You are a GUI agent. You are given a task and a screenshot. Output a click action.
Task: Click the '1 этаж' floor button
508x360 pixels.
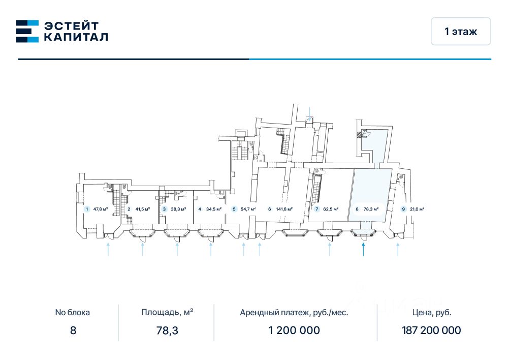pyautogui.click(x=461, y=32)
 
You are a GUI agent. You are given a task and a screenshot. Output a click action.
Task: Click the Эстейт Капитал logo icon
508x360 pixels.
pyautogui.click(x=27, y=31)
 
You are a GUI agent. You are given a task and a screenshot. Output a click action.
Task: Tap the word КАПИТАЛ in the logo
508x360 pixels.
pyautogui.click(x=76, y=37)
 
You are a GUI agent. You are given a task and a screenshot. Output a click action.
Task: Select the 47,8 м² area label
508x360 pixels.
pyautogui.click(x=101, y=209)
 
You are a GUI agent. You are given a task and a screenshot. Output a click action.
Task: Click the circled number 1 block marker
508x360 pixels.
pyautogui.click(x=87, y=209)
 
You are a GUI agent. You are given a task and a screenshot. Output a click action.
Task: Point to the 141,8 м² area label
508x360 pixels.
pyautogui.click(x=284, y=209)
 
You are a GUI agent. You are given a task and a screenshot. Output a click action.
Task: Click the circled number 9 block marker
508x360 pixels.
pyautogui.click(x=403, y=209)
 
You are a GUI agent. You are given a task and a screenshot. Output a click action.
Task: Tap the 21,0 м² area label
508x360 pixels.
pyautogui.click(x=417, y=209)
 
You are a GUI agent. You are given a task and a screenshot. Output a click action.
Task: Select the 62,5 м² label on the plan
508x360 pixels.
pyautogui.click(x=331, y=209)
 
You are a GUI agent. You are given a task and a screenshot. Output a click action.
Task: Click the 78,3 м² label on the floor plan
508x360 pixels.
pyautogui.click(x=371, y=209)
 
